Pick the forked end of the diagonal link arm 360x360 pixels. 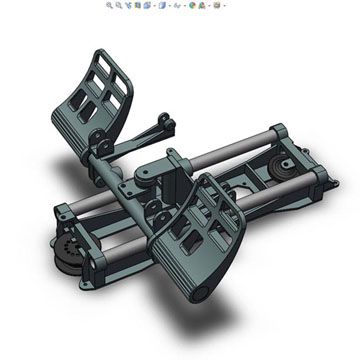tap(164, 124)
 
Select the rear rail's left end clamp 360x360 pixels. tap(66, 212)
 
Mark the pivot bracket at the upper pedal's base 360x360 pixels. tap(98, 140)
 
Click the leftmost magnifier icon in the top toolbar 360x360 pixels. tap(110, 5)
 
